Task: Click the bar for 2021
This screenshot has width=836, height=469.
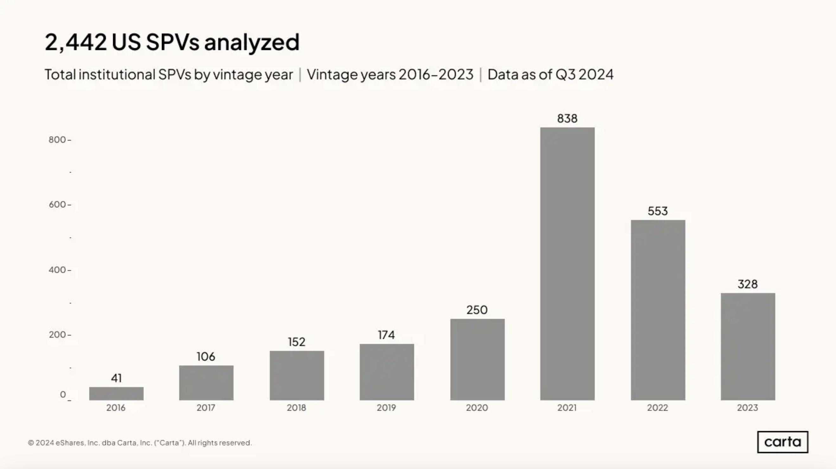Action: (567, 264)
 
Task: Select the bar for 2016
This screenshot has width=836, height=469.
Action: (116, 393)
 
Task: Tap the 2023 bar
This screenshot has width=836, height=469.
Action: (748, 347)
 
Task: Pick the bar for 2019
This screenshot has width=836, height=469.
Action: (387, 372)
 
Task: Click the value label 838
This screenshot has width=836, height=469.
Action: (567, 119)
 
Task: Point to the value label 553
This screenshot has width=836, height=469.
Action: (658, 211)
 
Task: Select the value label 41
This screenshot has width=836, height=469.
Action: (116, 378)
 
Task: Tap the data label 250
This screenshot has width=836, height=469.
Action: (477, 310)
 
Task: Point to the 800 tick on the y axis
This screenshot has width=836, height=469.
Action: (57, 140)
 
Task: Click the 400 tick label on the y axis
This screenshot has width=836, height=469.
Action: (57, 270)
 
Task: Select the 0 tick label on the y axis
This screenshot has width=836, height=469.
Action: (63, 394)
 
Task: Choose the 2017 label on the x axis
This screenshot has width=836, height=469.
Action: (206, 408)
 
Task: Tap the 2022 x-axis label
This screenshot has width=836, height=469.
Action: (658, 408)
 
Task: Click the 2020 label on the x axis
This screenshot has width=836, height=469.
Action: (477, 408)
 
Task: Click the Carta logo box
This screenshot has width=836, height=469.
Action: (782, 442)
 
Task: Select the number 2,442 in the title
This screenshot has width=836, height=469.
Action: (76, 42)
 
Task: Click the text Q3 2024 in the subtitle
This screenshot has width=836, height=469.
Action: (584, 75)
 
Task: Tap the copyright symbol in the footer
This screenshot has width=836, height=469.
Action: (31, 443)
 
